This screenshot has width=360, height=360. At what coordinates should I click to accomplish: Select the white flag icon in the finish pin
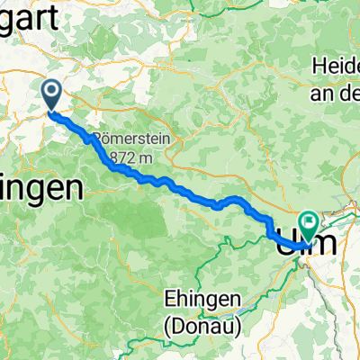click(x=309, y=219)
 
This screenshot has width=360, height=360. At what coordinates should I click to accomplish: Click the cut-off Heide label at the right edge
click(x=335, y=66)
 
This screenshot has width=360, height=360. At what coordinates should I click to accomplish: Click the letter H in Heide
click(x=318, y=66)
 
